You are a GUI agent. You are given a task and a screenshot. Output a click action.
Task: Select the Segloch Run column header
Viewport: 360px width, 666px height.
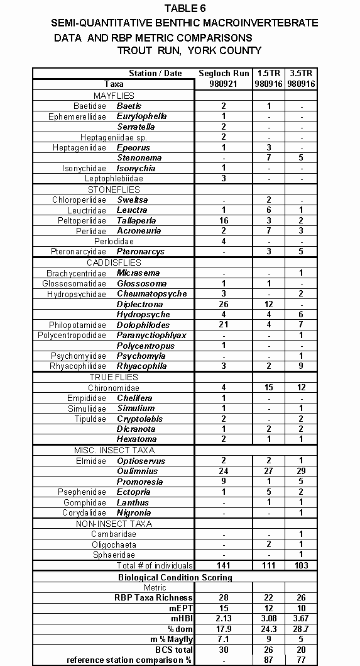pyautogui.click(x=224, y=73)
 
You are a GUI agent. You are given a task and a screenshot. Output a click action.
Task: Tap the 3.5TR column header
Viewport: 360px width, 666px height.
pyautogui.click(x=300, y=73)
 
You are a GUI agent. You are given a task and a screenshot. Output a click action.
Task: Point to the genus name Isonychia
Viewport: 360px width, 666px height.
pyautogui.click(x=136, y=168)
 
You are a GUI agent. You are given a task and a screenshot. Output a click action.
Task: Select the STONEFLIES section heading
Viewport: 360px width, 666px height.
pyautogui.click(x=114, y=189)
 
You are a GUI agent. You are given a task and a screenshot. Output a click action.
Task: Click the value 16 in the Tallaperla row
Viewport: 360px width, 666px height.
pyautogui.click(x=224, y=220)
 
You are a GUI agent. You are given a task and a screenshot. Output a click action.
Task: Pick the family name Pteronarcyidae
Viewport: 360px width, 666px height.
pyautogui.click(x=80, y=251)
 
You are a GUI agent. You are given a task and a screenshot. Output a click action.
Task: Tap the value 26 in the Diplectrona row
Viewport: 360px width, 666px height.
pyautogui.click(x=224, y=303)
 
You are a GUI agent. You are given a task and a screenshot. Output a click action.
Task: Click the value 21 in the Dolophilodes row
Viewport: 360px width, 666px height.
pyautogui.click(x=224, y=324)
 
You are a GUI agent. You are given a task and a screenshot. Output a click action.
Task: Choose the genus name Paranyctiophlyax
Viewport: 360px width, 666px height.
pyautogui.click(x=151, y=335)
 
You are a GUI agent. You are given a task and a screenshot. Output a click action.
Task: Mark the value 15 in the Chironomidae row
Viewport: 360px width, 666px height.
pyautogui.click(x=268, y=387)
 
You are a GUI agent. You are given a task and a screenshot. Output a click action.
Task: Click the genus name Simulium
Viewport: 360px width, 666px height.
pyautogui.click(x=135, y=408)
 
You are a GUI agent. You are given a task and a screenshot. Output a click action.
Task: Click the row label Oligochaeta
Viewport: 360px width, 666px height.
pyautogui.click(x=114, y=544)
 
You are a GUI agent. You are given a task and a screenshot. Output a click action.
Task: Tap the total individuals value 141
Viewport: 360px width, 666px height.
pyautogui.click(x=224, y=565)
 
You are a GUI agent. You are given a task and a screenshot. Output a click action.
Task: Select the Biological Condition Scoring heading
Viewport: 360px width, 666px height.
pyautogui.click(x=175, y=577)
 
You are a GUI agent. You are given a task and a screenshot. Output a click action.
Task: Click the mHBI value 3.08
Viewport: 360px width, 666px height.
pyautogui.click(x=268, y=618)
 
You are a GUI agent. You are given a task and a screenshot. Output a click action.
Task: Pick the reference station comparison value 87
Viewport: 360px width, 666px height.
pyautogui.click(x=268, y=660)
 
